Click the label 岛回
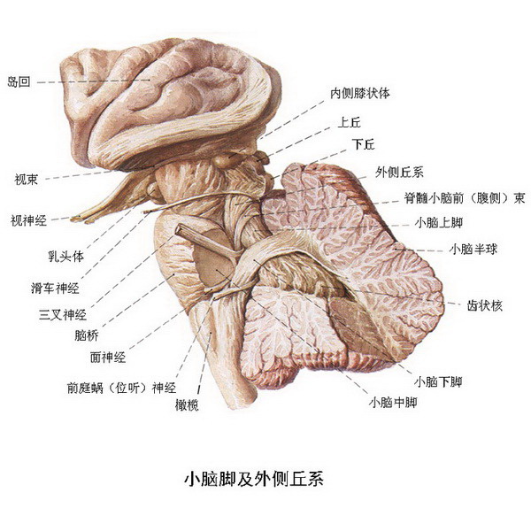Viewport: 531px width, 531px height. tap(19, 81)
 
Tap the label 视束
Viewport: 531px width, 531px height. tap(26, 179)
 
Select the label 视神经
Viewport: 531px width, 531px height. tap(29, 220)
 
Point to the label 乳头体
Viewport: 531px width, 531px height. tap(65, 257)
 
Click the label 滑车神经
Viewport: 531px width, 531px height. tap(55, 289)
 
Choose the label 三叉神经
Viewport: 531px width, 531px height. tap(63, 315)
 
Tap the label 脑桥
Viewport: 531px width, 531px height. tap(87, 335)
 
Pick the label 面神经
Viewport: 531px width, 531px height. tap(108, 357)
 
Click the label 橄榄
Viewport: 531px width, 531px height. tap(187, 405)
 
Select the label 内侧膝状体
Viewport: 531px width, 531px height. tap(360, 93)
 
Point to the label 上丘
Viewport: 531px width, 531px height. tap(350, 122)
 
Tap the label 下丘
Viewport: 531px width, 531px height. tap(364, 144)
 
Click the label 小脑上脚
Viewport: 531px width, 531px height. tap(439, 222)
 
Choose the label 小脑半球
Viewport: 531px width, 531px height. tap(473, 250)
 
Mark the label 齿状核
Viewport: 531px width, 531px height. tap(485, 306)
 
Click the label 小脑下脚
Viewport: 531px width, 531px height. tap(438, 382)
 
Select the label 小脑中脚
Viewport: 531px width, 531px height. tap(393, 403)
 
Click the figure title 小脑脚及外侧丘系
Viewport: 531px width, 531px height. tap(254, 479)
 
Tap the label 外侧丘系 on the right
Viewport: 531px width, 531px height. tap(399, 173)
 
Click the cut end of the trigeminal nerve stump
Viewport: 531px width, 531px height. tap(179, 229)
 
